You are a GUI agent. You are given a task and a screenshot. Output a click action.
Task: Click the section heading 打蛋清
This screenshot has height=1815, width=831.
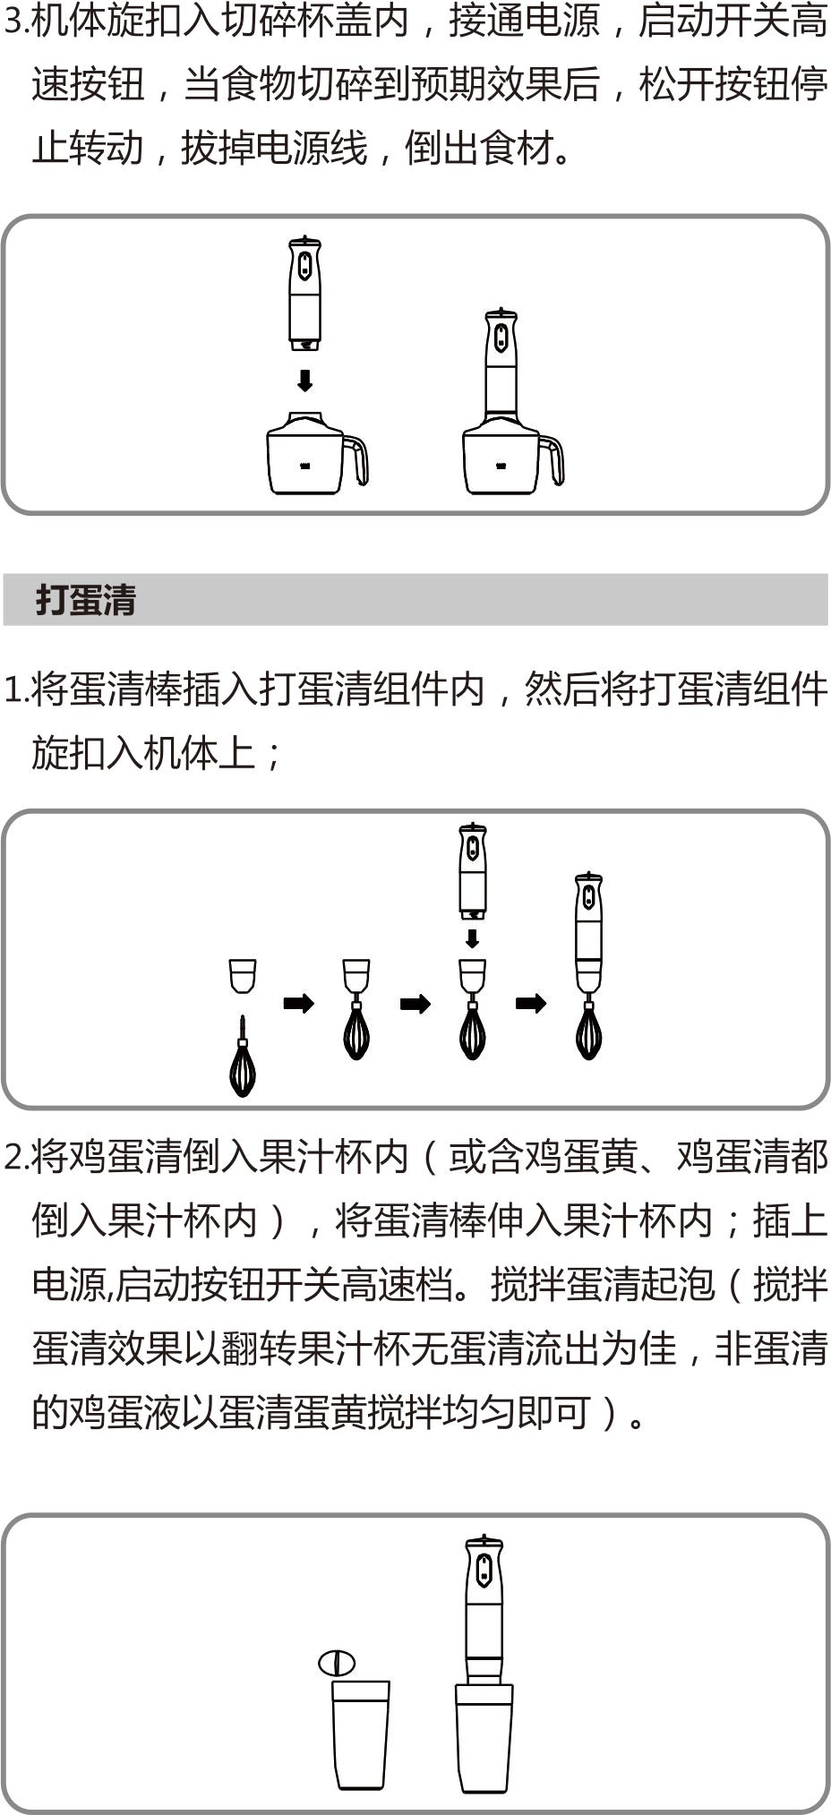pyautogui.click(x=86, y=600)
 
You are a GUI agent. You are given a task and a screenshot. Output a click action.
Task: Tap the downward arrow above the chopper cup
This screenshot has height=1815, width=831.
pyautogui.click(x=305, y=381)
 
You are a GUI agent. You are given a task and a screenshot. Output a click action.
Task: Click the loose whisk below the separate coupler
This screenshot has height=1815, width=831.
pyautogui.click(x=243, y=1057)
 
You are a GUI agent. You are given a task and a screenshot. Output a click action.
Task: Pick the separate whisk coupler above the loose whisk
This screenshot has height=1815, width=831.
pyautogui.click(x=243, y=976)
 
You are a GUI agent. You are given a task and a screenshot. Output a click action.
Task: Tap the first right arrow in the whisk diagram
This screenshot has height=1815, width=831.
pyautogui.click(x=299, y=1003)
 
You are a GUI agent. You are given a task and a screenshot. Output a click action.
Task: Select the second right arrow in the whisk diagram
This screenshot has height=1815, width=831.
pyautogui.click(x=415, y=1004)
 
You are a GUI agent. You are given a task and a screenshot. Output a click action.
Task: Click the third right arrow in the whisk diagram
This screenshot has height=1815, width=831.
pyautogui.click(x=531, y=1003)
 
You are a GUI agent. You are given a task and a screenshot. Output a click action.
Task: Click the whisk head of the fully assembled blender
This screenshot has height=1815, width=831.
pyautogui.click(x=588, y=1030)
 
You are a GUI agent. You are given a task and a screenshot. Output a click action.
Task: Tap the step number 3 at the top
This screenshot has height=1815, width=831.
pyautogui.click(x=13, y=21)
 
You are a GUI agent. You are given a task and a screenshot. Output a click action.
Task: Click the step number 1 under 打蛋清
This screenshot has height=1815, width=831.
pyautogui.click(x=13, y=690)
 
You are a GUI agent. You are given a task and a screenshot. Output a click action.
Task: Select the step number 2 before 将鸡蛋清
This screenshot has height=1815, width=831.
pyautogui.click(x=13, y=1158)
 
